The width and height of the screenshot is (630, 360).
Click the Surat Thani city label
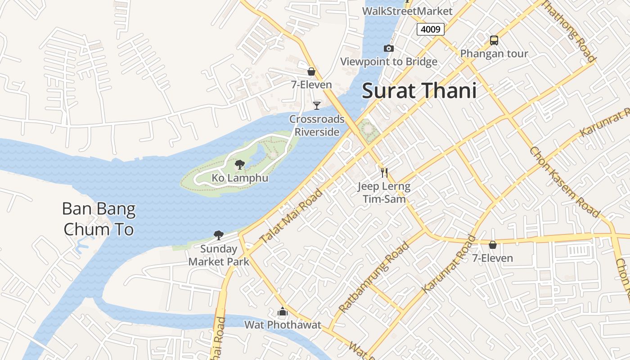419,91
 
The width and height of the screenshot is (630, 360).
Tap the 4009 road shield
431,29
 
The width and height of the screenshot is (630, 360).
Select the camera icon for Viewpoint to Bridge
389,48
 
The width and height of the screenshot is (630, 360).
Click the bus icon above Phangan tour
494,40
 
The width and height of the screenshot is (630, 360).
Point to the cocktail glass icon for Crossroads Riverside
317,105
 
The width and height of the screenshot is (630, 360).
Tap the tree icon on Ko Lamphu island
240,164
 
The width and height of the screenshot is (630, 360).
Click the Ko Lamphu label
240,178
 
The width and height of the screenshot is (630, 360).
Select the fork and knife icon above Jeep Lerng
384,172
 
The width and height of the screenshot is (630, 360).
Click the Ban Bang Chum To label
99,219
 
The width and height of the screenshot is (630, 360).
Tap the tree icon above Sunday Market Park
219,235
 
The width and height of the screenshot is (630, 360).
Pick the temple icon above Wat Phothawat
283,311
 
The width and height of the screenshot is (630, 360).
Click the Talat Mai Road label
292,217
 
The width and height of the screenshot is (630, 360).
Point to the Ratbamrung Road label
374,277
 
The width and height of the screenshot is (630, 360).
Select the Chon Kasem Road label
565,182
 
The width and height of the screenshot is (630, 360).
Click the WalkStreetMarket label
407,11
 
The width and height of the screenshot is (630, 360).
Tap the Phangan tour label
494,54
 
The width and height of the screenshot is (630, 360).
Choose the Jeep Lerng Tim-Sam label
384,193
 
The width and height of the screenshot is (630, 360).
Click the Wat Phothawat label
283,324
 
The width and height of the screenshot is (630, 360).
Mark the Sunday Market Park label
219,255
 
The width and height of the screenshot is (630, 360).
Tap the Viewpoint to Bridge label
389,62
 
